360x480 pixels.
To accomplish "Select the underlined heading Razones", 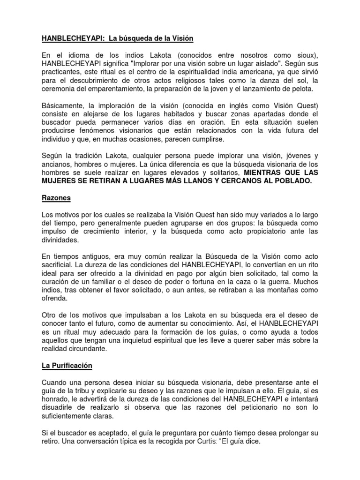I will pyautogui.click(x=56, y=198).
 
